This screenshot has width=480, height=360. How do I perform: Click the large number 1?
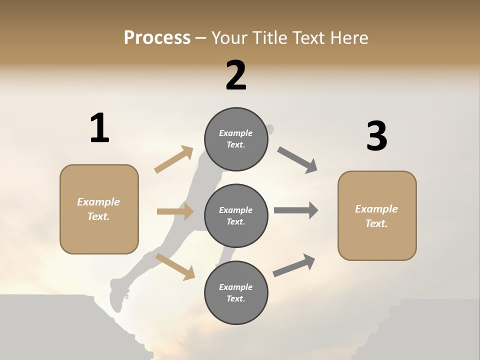pos(99,128)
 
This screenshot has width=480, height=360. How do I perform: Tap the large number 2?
pos(236,75)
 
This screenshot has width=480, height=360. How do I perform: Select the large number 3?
pos(376,136)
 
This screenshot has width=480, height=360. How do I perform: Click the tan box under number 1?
pos(99,209)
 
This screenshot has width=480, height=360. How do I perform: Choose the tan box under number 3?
pos(377,216)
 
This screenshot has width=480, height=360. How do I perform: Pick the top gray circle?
pos(236,139)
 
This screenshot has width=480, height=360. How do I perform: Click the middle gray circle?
pos(236,216)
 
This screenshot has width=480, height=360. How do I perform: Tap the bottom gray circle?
pos(236,292)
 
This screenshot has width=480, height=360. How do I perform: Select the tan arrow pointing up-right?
pos(174,159)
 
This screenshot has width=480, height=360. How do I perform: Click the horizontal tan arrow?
pos(175,211)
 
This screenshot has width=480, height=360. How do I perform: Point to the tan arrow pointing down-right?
pos(175,266)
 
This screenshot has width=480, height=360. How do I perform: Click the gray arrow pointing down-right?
pos(297,160)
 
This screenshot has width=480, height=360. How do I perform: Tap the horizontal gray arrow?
pos(296,210)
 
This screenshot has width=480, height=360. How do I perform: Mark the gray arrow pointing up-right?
pos(294,265)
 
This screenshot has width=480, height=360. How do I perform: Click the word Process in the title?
pos(157,37)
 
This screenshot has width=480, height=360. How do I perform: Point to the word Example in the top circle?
pos(235,133)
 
